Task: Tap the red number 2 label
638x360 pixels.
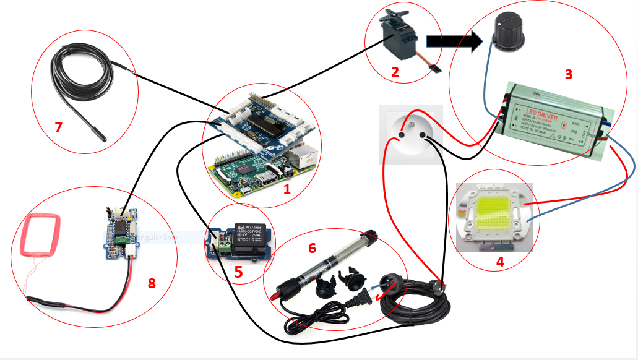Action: pos(395,72)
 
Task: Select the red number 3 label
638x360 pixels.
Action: pos(569,74)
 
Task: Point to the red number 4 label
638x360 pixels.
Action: pos(500,262)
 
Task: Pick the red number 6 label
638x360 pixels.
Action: pos(312,248)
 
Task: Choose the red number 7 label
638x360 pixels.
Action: pos(59,127)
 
